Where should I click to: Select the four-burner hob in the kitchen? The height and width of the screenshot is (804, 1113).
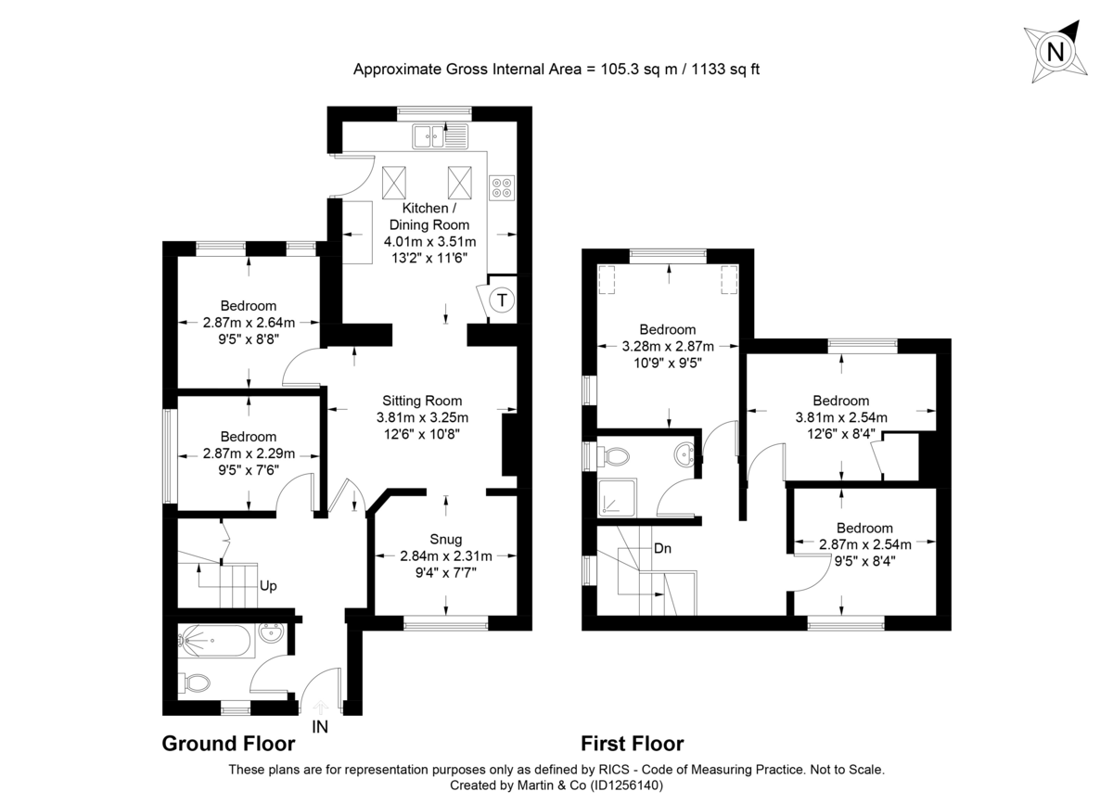point(502,188)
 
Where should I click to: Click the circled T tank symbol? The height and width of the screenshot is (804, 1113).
point(502,300)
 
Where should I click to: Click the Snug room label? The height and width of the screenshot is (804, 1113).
point(445,540)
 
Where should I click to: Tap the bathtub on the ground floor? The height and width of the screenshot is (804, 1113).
point(215,641)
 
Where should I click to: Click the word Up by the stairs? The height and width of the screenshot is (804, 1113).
point(268,586)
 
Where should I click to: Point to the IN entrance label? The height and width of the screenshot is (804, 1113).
point(320,728)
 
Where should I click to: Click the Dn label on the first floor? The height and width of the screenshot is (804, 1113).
point(663,548)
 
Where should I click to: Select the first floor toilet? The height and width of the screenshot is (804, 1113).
point(614,455)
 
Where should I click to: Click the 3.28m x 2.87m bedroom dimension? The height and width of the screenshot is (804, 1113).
point(668,347)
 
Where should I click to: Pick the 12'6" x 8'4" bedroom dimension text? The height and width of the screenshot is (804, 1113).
point(841,433)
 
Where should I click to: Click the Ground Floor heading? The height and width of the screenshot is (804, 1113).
point(228,744)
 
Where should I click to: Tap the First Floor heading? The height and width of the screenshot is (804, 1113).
point(632,744)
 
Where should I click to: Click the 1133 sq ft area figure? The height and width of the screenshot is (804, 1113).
point(724,69)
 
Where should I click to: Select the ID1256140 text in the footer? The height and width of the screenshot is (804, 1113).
point(623,785)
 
